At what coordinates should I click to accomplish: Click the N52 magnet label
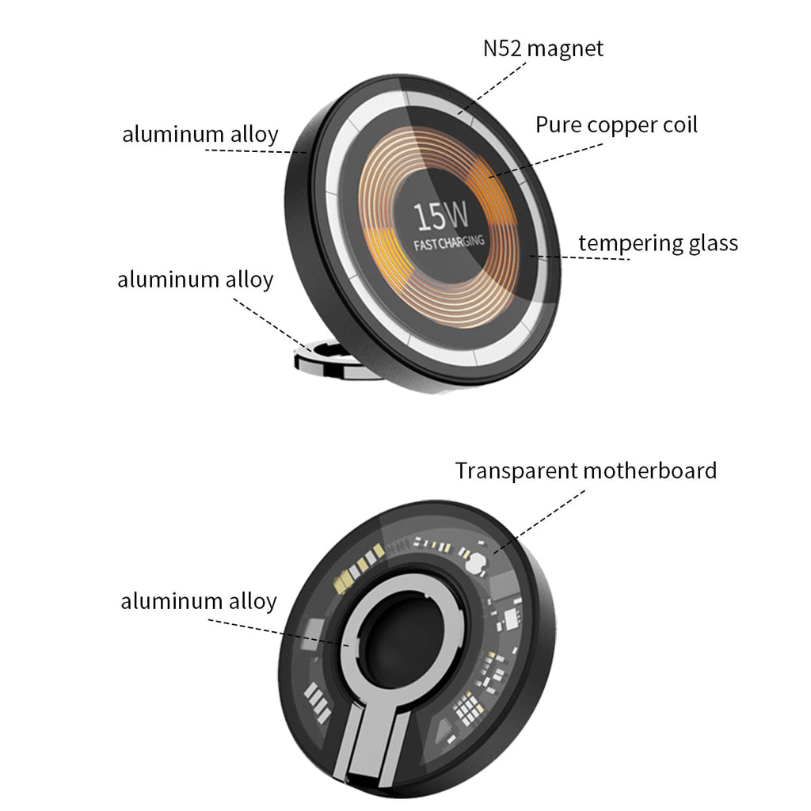tap(543, 48)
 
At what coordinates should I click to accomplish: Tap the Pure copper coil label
tap(616, 125)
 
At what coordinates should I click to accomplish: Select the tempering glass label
tap(658, 242)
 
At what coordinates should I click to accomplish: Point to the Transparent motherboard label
tap(585, 470)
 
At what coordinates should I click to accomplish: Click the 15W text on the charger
tap(440, 215)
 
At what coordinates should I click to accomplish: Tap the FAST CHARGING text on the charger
tap(449, 242)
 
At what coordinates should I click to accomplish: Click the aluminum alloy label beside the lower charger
tap(199, 601)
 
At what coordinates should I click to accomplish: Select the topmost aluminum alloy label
tap(200, 134)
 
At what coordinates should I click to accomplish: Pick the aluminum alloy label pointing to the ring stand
tap(195, 280)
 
